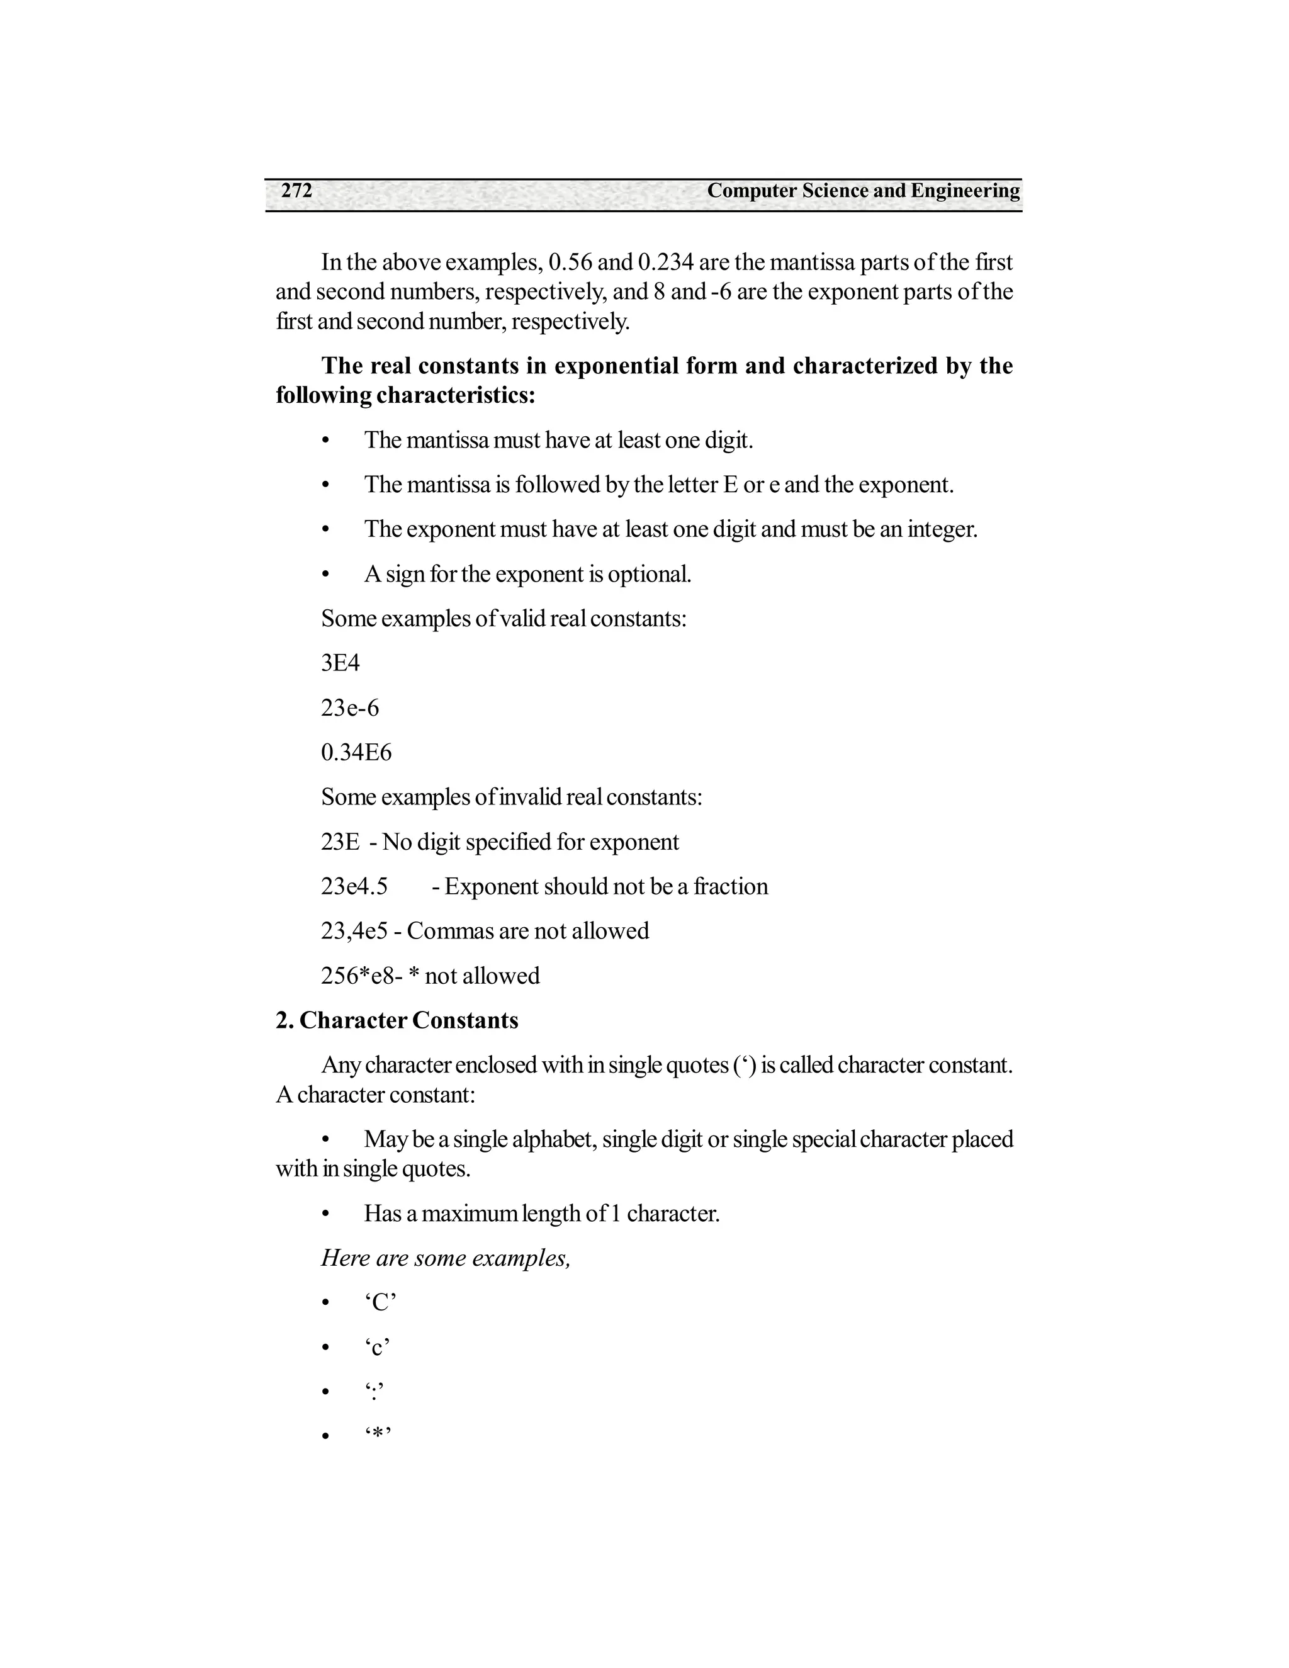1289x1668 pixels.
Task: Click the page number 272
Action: point(296,191)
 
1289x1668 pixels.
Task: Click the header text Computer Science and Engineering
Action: point(863,191)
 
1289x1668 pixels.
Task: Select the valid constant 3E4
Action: point(340,663)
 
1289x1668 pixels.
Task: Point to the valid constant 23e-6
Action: point(350,708)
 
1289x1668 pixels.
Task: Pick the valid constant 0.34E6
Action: point(356,752)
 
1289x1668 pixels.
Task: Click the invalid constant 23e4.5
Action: point(354,886)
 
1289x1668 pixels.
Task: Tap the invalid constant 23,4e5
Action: point(354,930)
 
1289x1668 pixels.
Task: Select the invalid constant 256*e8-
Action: point(361,975)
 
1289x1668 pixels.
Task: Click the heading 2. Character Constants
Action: point(397,1020)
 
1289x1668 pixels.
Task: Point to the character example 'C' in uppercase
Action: point(380,1302)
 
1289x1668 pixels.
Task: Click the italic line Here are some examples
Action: point(445,1258)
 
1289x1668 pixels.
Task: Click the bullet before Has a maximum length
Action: point(325,1214)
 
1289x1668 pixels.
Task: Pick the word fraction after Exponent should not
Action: point(730,886)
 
